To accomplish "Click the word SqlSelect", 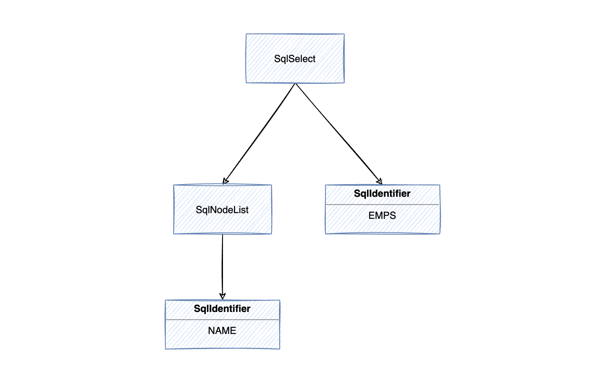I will (x=295, y=59).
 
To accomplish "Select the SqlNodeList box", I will (x=223, y=223).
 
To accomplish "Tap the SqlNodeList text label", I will (x=222, y=210).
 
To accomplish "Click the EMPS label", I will (x=382, y=216).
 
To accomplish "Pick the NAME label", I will (x=222, y=331).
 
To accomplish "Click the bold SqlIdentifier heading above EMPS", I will (x=382, y=194).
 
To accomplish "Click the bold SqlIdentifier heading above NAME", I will (x=222, y=309).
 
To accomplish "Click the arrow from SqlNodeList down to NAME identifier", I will (x=223, y=265).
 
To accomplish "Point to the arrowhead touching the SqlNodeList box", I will (x=225, y=182).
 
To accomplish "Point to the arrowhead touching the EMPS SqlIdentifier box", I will (x=380, y=181).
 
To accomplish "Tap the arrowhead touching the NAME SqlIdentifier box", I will (x=223, y=296).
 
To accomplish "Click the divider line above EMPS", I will (x=382, y=204).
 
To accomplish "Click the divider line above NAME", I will (x=222, y=319).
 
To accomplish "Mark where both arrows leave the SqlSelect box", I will (x=295, y=83).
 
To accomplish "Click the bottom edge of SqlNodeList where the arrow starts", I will (x=223, y=234).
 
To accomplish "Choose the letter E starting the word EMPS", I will (x=371, y=216).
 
